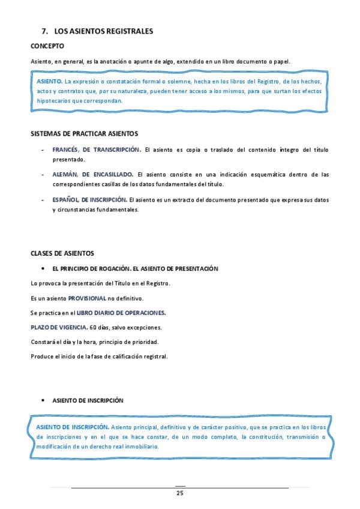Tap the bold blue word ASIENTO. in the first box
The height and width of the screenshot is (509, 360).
tap(49, 80)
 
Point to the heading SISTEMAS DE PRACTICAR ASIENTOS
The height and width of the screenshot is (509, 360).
tap(84, 133)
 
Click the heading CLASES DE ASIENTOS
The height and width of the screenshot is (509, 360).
tap(62, 253)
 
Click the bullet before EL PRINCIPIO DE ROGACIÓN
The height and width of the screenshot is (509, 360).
tap(43, 269)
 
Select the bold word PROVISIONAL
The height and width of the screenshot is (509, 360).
tap(87, 298)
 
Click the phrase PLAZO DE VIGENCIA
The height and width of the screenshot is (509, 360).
tap(58, 327)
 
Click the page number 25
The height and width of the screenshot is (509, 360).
tap(179, 493)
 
